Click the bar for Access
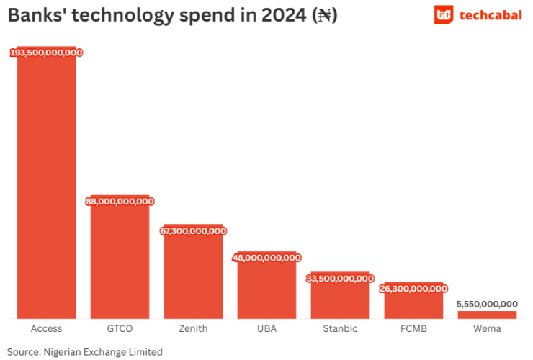[46, 187]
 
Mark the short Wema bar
[487, 315]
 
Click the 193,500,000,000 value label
[46, 53]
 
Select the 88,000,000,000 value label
[120, 202]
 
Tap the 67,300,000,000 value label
[193, 231]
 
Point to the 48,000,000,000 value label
[266, 258]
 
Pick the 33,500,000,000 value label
[340, 278]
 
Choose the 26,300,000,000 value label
[413, 289]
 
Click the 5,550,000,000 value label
[487, 304]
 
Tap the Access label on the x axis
[46, 329]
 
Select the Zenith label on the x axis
[193, 329]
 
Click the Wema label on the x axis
[487, 329]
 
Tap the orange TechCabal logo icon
[444, 14]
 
